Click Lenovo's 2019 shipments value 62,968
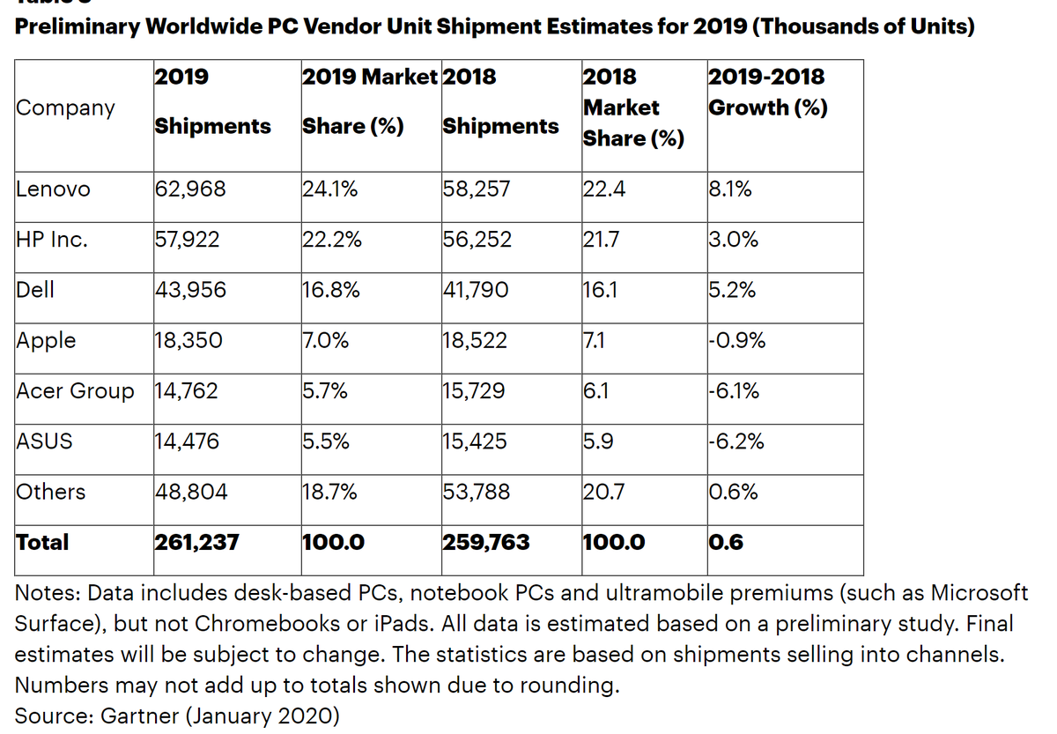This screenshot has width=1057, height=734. [x=190, y=189]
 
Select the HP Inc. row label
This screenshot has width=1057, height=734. [x=52, y=240]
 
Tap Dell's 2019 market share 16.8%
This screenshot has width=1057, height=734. [x=330, y=290]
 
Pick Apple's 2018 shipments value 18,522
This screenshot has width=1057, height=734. [x=475, y=341]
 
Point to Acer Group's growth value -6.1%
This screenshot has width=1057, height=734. [x=735, y=391]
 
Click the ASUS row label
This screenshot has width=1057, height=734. [x=44, y=441]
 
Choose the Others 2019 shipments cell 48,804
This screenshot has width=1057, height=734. [x=191, y=492]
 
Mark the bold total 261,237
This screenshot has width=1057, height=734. [x=196, y=543]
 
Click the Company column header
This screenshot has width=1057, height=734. [x=65, y=108]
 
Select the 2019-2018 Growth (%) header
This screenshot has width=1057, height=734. [x=767, y=92]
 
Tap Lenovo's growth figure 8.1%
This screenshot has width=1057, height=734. [x=729, y=189]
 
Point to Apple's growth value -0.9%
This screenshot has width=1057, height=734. [x=736, y=341]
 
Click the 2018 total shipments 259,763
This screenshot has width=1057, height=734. [x=486, y=543]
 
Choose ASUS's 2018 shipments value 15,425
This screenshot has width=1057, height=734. [x=475, y=441]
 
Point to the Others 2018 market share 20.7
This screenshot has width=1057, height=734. [x=603, y=492]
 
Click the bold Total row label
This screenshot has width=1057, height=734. [x=42, y=543]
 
